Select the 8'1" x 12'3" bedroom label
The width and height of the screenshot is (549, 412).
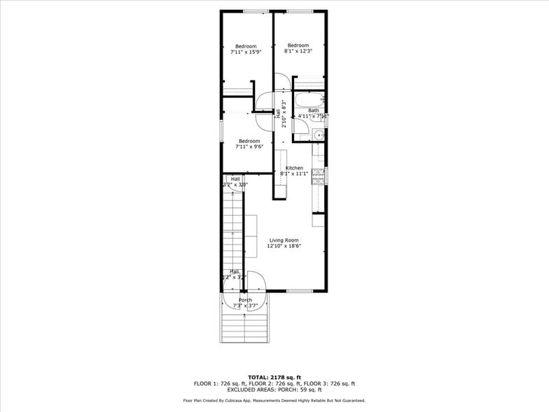pyautogui.click(x=298, y=48)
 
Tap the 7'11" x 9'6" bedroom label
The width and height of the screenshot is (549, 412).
pyautogui.click(x=249, y=144)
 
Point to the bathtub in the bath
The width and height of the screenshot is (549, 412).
pyautogui.click(x=309, y=99)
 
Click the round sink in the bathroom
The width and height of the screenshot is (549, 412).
pyautogui.click(x=318, y=135)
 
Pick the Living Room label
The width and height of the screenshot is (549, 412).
pyautogui.click(x=283, y=243)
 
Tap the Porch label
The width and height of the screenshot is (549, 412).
pyautogui.click(x=245, y=303)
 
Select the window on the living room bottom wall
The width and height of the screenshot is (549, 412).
pyautogui.click(x=300, y=291)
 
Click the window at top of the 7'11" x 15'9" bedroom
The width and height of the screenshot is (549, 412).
pyautogui.click(x=256, y=11)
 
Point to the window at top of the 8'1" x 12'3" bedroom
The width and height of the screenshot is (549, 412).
pyautogui.click(x=300, y=11)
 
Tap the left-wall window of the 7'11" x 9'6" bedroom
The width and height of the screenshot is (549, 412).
pyautogui.click(x=222, y=130)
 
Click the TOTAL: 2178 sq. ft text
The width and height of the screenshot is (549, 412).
pyautogui.click(x=274, y=378)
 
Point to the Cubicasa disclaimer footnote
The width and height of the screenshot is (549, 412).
pyautogui.click(x=274, y=401)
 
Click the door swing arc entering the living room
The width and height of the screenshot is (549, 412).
pyautogui.click(x=256, y=280)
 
